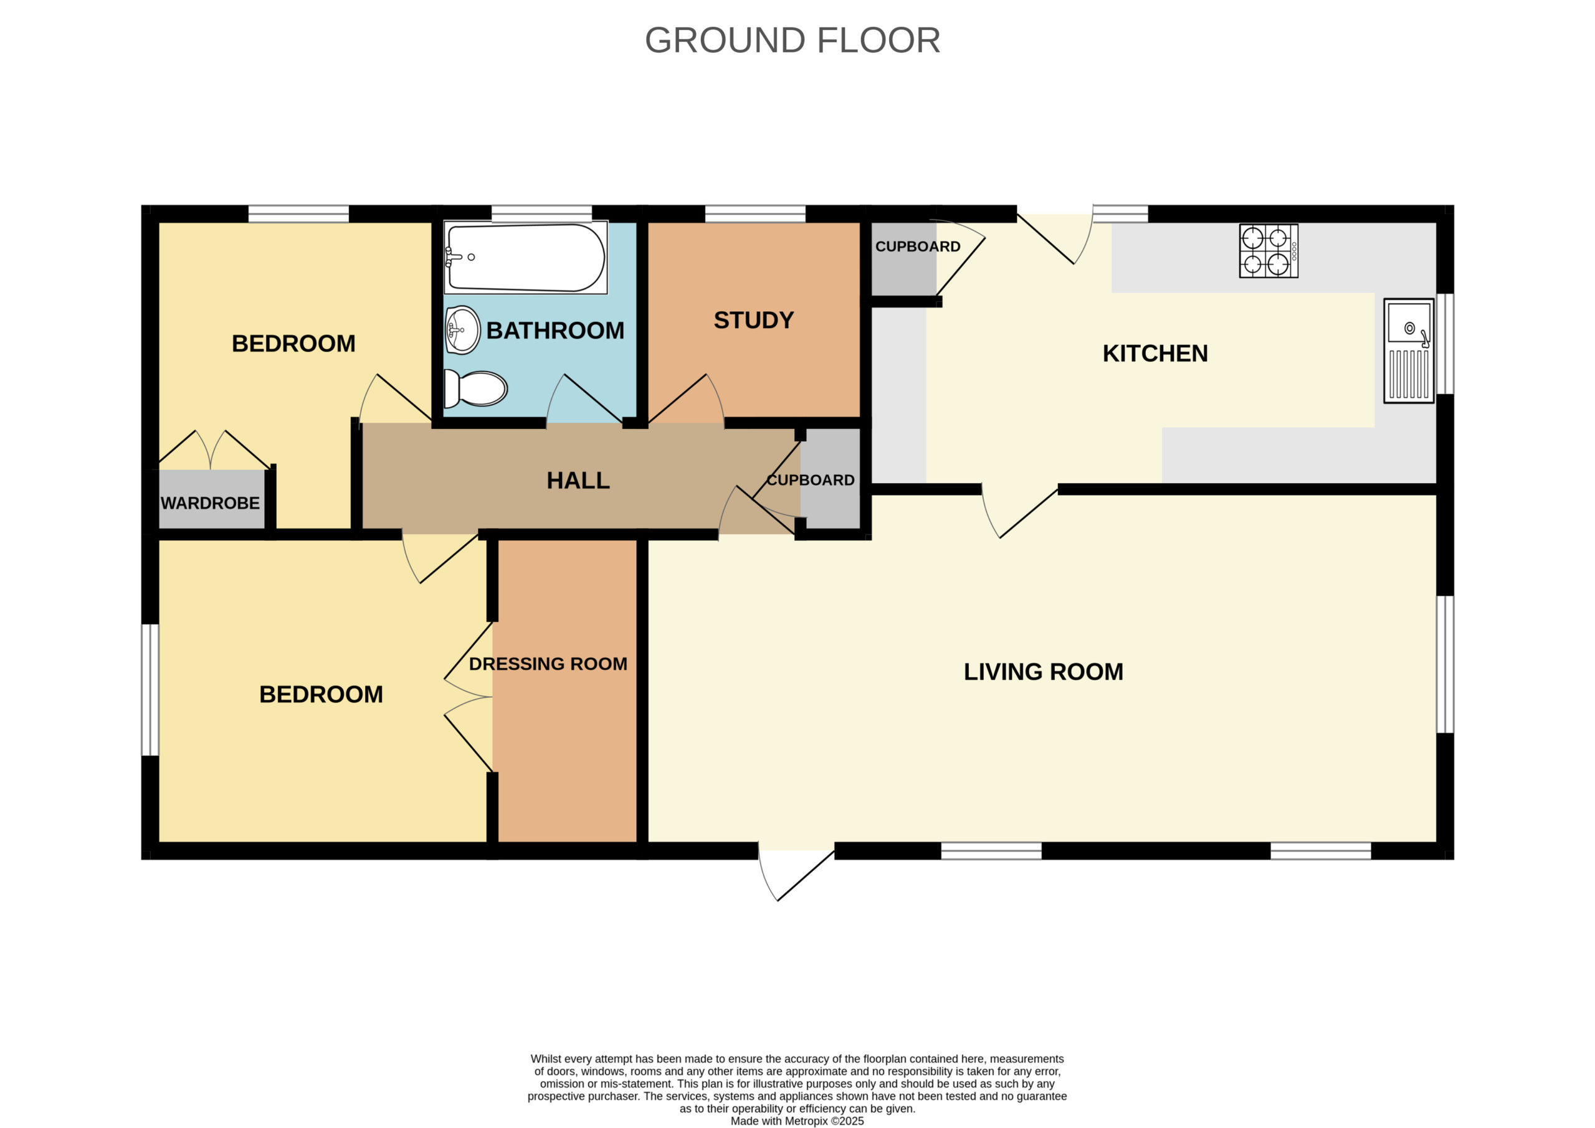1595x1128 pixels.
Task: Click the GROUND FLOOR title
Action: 793,40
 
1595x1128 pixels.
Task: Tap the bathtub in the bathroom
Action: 525,258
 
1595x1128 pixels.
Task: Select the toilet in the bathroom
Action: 475,388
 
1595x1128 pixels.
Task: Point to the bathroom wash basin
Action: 462,330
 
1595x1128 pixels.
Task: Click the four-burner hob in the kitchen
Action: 1269,251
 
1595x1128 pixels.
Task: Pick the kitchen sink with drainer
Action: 1409,350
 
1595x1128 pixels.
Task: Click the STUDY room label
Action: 753,320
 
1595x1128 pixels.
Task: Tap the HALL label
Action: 578,481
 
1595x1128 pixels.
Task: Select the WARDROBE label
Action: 210,503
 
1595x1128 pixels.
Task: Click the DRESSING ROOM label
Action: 548,664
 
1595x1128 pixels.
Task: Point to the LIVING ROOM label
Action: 1043,672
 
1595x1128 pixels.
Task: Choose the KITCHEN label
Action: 1155,354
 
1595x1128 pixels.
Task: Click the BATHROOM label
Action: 555,331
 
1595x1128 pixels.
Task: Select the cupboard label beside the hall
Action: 811,480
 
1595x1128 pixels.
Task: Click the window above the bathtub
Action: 542,214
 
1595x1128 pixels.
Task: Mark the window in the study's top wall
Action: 756,214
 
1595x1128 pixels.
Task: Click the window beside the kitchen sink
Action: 1445,344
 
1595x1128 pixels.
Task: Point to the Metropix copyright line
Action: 797,1121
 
